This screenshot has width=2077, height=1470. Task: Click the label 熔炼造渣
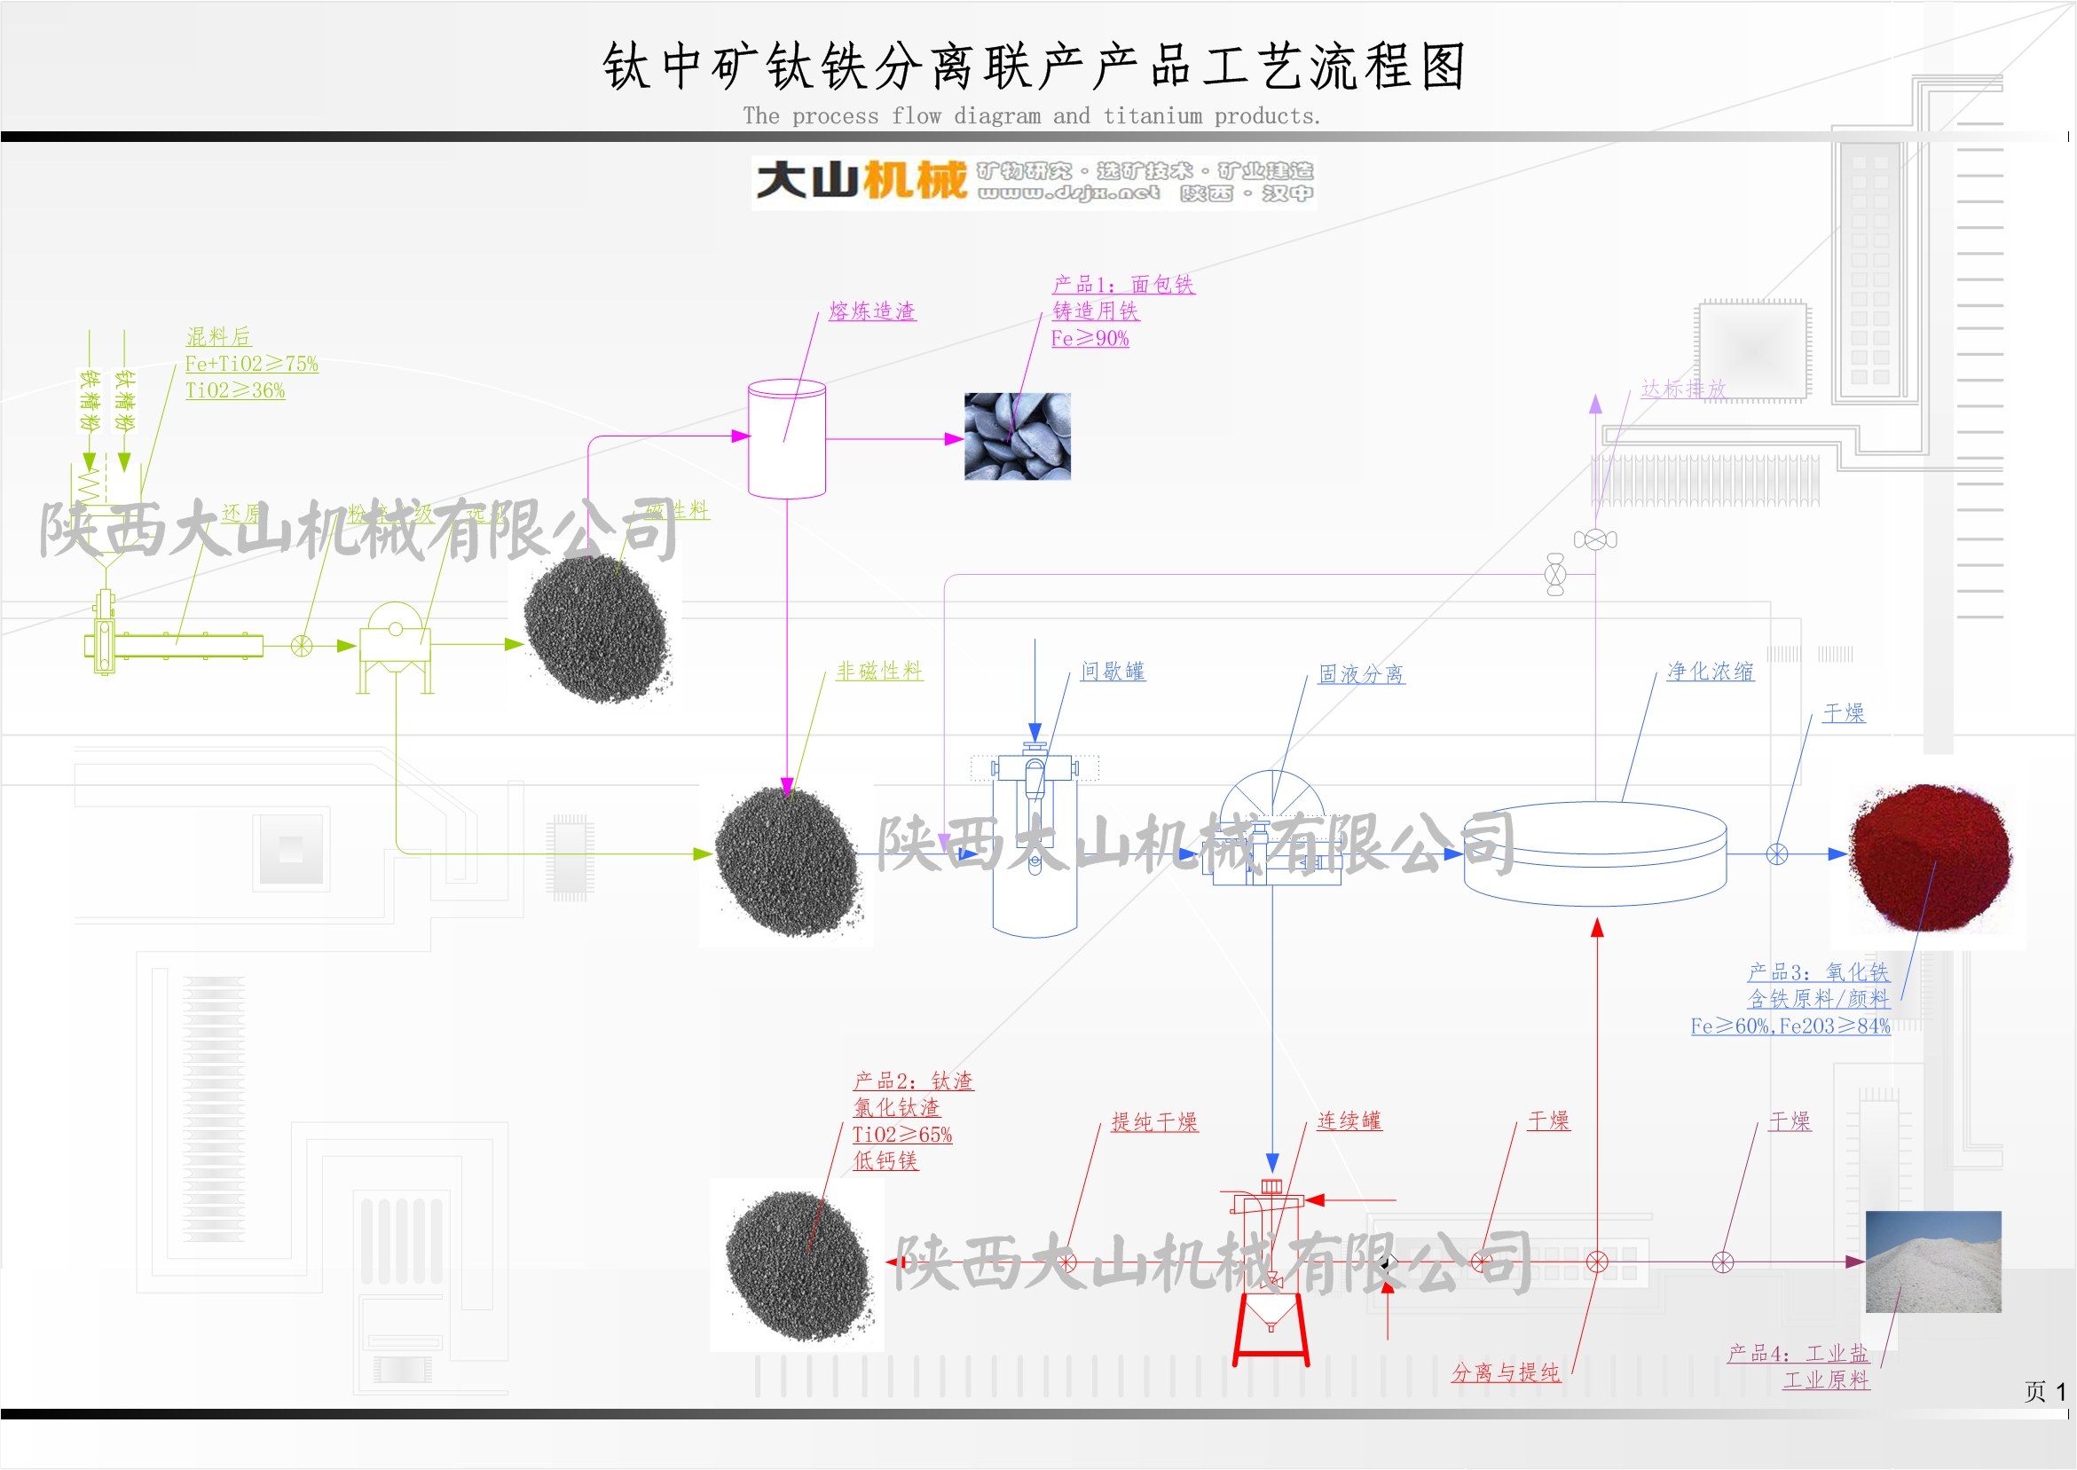(x=871, y=311)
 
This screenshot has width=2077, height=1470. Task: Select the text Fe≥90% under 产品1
(x=1090, y=339)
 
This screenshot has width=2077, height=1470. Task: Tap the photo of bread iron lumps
(x=1018, y=436)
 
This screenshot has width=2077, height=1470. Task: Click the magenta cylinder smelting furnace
(x=786, y=439)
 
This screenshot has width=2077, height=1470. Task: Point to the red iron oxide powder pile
(x=1930, y=858)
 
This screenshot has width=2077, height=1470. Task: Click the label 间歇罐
(x=1113, y=672)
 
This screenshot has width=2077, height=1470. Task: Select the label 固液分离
(x=1360, y=674)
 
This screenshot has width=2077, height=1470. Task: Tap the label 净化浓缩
(x=1710, y=672)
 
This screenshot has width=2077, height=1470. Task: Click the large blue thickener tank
(x=1594, y=853)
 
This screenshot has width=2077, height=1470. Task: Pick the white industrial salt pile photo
(x=1933, y=1262)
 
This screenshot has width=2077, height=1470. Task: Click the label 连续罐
(x=1349, y=1121)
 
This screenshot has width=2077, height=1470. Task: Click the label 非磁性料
(x=878, y=672)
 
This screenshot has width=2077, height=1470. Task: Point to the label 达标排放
(x=1683, y=389)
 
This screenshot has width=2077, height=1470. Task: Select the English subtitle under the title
(x=1032, y=116)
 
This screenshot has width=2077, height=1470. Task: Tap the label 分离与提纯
(x=1505, y=1373)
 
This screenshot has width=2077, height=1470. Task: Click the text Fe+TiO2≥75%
(x=252, y=364)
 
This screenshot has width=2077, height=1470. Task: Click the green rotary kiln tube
(x=185, y=645)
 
